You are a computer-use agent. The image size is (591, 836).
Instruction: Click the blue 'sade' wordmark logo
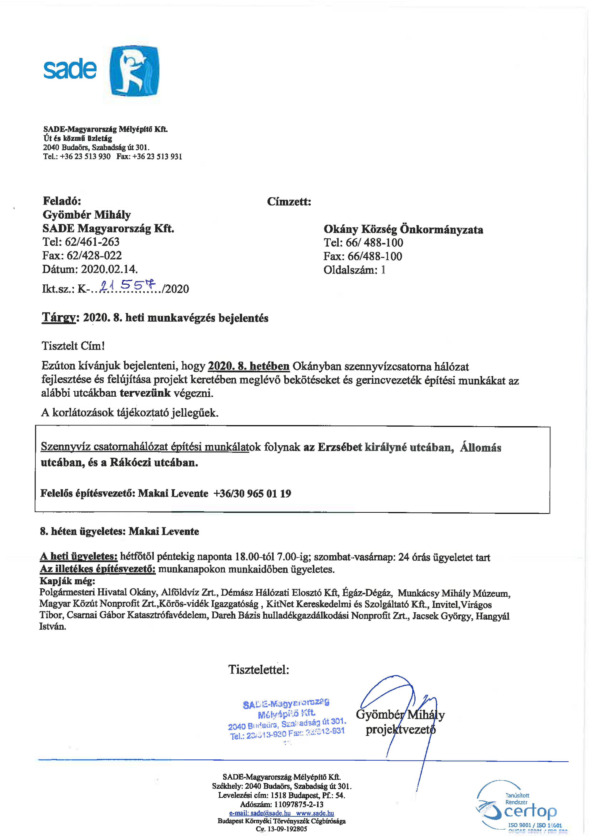tap(70, 69)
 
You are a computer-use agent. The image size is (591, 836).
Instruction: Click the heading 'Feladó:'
tap(62, 201)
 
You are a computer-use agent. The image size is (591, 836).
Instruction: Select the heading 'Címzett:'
tap(289, 201)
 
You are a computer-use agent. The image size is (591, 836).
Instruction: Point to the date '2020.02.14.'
tap(109, 269)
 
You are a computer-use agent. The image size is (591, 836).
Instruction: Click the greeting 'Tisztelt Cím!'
tap(73, 346)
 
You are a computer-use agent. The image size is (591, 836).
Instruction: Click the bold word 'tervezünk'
tap(145, 393)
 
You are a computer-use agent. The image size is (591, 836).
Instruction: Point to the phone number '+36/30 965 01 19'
tap(252, 493)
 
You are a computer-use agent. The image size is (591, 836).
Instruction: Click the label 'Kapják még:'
tap(67, 580)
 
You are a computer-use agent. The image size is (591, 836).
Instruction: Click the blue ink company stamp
tap(287, 719)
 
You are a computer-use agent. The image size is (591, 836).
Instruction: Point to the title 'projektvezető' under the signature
tap(400, 729)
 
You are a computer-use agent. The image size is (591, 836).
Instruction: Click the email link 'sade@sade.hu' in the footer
tap(270, 813)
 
